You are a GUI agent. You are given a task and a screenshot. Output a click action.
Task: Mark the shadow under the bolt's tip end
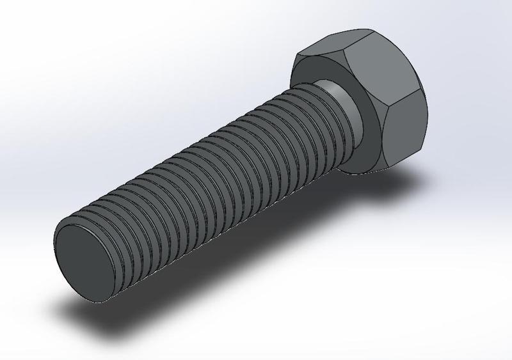point(109,320)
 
